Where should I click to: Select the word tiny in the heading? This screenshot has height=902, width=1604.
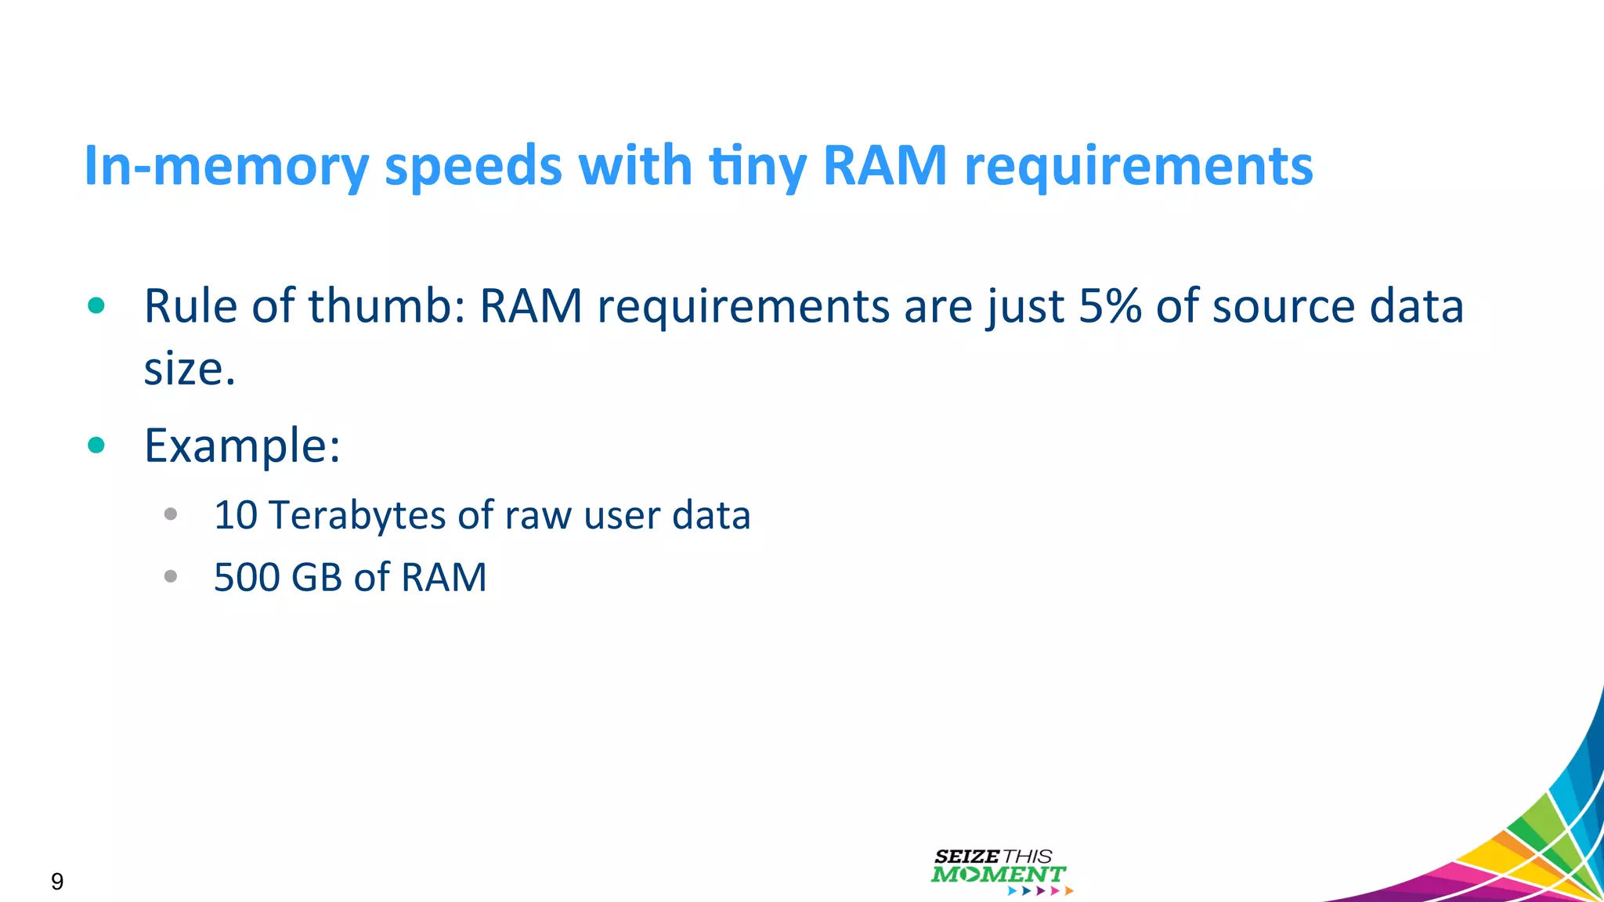[757, 166]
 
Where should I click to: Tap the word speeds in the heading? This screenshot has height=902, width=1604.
[474, 166]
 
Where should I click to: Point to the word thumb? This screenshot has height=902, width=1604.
[387, 305]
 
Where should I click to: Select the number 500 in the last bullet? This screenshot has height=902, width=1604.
[246, 577]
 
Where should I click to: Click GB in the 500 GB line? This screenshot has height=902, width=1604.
[316, 577]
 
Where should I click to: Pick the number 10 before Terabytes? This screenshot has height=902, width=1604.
[235, 515]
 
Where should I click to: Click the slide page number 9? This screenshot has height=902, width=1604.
[57, 882]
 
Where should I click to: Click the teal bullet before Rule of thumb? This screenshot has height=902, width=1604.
[96, 305]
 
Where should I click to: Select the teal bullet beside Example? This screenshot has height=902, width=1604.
[96, 446]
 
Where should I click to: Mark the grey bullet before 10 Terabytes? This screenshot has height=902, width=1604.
[171, 514]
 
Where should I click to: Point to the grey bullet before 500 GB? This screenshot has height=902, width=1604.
[171, 577]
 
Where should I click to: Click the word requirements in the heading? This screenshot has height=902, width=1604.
[1138, 166]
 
